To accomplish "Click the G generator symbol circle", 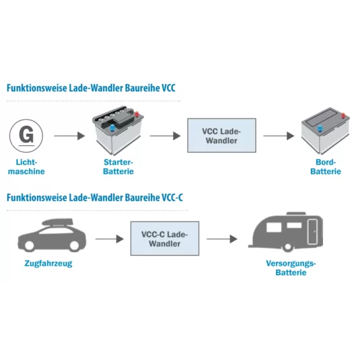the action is [x=26, y=136].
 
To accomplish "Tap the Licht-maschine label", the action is [x=26, y=167].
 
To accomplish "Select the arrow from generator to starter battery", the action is [x=69, y=136].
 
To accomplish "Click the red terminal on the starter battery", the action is [x=136, y=114].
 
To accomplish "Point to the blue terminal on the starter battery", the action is [x=112, y=128].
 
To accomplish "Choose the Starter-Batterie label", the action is [x=119, y=167].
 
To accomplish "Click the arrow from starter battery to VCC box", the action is [x=165, y=136].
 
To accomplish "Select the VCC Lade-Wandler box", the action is [x=222, y=136].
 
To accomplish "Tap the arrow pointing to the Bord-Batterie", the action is [x=278, y=136].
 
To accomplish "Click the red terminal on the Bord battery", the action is [x=343, y=115].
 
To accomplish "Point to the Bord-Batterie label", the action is [x=326, y=167].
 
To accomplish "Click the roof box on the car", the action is [x=57, y=222].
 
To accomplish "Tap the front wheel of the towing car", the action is [x=29, y=245].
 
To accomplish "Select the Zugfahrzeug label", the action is [x=48, y=263].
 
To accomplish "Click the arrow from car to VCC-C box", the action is [x=110, y=239].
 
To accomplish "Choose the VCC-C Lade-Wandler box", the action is [x=165, y=238].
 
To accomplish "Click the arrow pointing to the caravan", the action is [x=222, y=239].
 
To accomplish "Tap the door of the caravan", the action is [x=312, y=231].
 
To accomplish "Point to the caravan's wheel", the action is [x=287, y=247].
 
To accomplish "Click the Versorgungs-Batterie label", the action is [x=291, y=268].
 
